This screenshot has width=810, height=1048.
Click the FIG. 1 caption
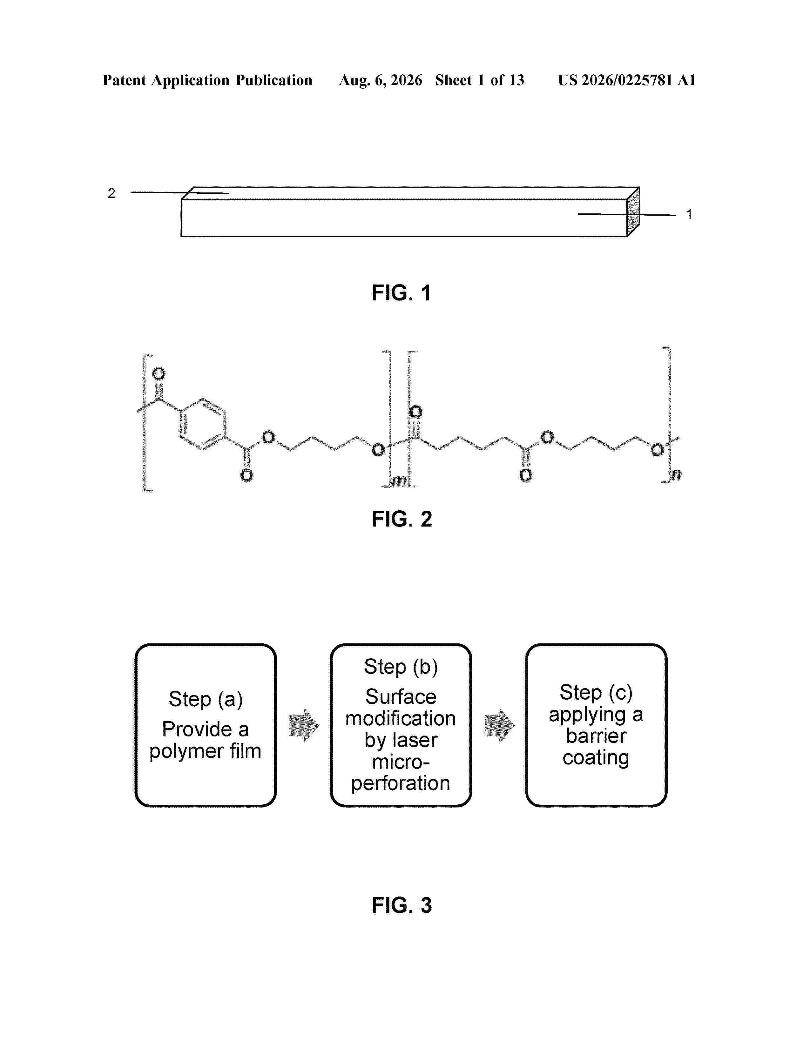402,293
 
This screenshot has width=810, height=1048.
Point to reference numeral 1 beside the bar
689,214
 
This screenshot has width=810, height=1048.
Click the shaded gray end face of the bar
633,212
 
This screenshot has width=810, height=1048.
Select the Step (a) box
206,725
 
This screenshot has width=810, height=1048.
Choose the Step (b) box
401,725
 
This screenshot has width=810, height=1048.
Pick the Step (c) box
596,725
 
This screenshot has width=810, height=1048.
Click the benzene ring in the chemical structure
203,424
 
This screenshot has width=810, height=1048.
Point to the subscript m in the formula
399,480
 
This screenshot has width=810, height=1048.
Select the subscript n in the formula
676,474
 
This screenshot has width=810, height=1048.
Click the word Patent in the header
124,80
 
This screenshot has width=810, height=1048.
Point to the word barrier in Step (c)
596,736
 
